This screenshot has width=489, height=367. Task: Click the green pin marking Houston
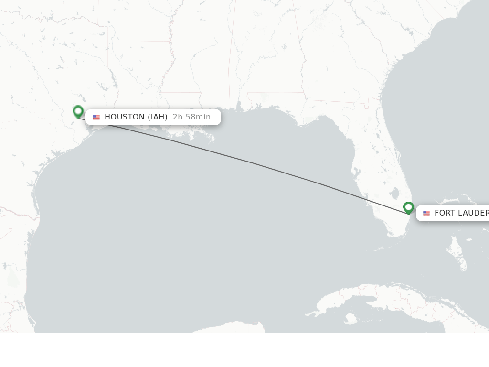[78, 111]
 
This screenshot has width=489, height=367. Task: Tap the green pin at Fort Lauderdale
[408, 207]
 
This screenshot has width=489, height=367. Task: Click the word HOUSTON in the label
[125, 117]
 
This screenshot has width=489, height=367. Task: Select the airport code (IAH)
[157, 117]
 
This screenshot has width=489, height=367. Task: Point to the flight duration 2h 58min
[191, 117]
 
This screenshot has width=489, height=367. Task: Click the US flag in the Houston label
[96, 118]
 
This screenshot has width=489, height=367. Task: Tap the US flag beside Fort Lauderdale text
[426, 213]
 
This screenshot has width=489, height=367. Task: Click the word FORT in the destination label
[444, 213]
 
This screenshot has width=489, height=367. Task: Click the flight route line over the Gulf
[253, 163]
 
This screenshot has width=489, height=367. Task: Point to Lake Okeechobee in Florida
[394, 194]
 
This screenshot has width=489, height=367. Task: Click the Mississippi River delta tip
[212, 140]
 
